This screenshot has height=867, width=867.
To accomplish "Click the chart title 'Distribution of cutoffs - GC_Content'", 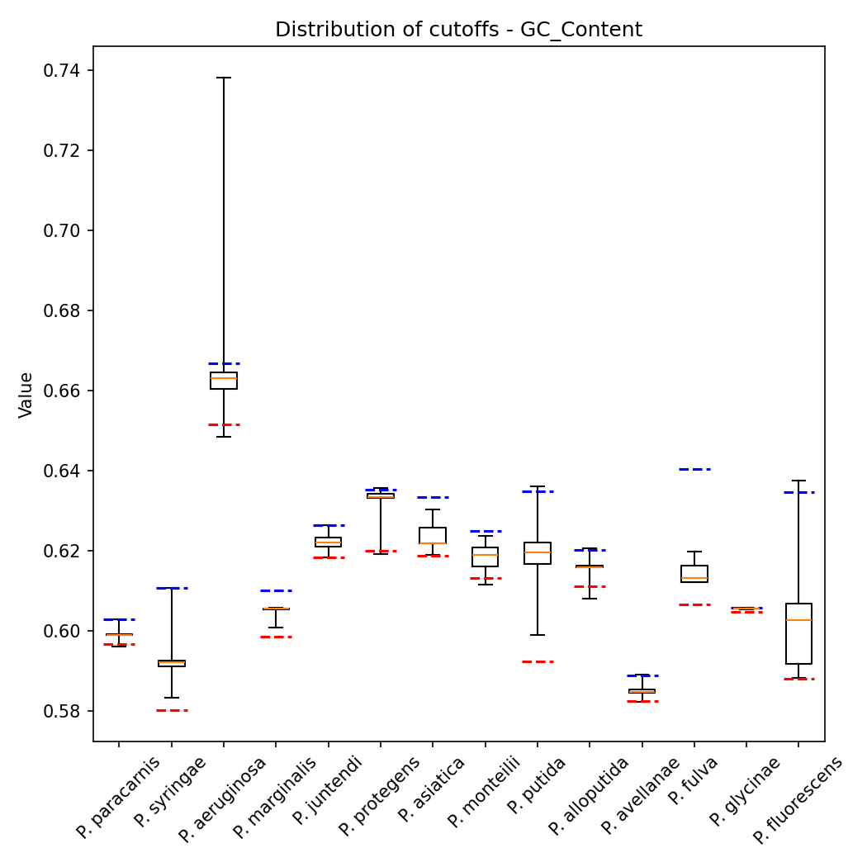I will [458, 30].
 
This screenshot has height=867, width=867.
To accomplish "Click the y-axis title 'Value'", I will [26, 395].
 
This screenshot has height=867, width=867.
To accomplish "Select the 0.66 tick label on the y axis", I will [65, 391].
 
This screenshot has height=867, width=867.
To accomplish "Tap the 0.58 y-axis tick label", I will [65, 711].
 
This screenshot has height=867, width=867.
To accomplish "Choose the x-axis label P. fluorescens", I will [798, 799].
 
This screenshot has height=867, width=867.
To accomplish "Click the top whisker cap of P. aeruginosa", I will [223, 78].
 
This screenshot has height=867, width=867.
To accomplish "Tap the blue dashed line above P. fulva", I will [694, 469].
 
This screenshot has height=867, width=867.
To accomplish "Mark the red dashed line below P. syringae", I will [172, 710].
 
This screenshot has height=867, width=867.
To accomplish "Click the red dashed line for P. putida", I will [538, 661].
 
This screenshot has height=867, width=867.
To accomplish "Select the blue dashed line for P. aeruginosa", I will [223, 363].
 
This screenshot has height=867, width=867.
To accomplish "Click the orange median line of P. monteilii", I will [485, 555].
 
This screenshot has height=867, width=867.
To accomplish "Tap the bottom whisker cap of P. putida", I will [538, 635].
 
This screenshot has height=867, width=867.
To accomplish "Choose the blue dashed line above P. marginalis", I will [276, 590].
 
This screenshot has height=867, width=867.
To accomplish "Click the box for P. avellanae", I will [642, 691].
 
